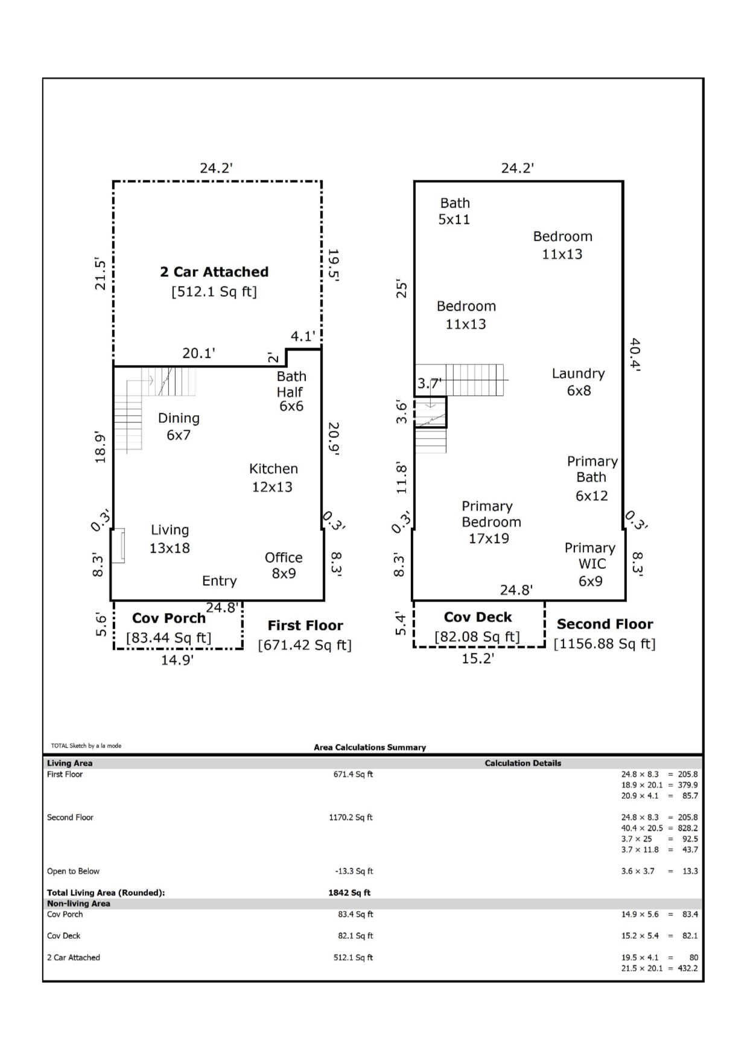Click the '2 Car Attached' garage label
click(x=214, y=272)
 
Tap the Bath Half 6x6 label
click(x=291, y=392)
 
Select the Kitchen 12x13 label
click(x=273, y=478)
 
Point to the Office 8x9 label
click(x=284, y=565)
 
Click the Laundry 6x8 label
click(x=578, y=382)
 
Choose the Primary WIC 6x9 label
click(x=590, y=564)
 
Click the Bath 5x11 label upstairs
click(x=454, y=211)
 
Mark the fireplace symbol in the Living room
click(x=119, y=545)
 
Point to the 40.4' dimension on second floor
click(x=635, y=354)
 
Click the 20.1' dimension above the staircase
click(x=199, y=353)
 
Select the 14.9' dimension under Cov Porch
click(x=177, y=660)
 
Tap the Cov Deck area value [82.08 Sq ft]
click(x=477, y=637)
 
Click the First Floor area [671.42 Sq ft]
click(x=305, y=645)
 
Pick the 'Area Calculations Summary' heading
click(x=370, y=747)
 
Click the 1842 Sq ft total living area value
click(x=349, y=892)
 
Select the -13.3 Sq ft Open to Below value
click(x=354, y=871)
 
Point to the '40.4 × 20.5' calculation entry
click(x=642, y=828)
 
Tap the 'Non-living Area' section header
click(x=78, y=903)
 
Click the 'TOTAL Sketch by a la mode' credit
click(x=86, y=746)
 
